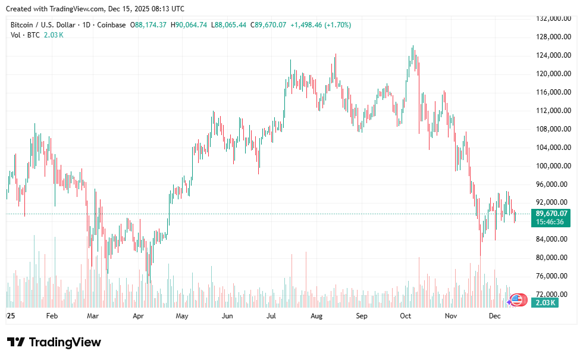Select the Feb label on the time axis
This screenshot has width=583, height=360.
click(x=51, y=316)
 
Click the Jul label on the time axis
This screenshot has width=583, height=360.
click(x=271, y=316)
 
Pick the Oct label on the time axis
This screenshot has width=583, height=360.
click(x=406, y=316)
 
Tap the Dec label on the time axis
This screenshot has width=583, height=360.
click(x=494, y=316)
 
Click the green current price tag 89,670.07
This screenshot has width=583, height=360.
click(x=551, y=214)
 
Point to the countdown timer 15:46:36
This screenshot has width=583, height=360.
click(x=551, y=222)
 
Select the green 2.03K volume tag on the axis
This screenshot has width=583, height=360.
click(x=545, y=303)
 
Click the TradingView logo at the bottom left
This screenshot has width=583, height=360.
click(x=54, y=342)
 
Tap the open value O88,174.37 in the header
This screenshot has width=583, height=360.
click(x=151, y=25)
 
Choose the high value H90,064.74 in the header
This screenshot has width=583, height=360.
click(x=189, y=25)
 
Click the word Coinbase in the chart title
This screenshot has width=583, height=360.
click(x=112, y=25)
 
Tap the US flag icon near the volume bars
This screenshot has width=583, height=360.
click(x=518, y=300)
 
